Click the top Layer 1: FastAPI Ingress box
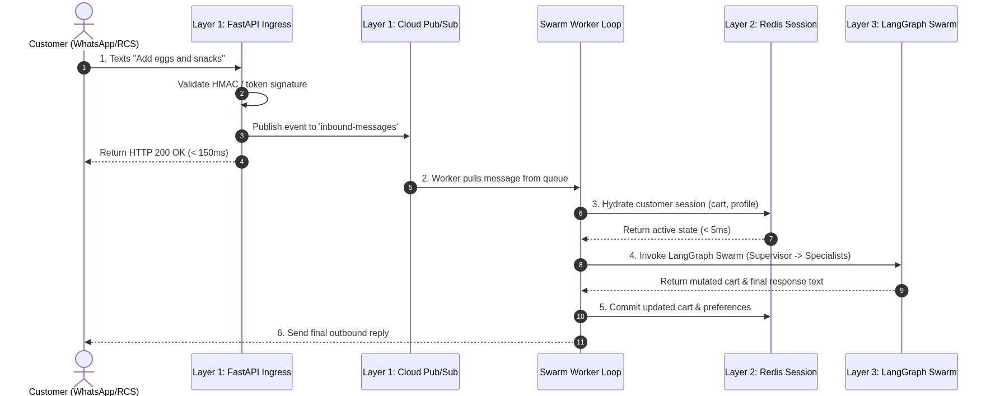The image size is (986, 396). tap(242, 24)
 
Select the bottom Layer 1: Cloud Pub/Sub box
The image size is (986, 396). tap(410, 372)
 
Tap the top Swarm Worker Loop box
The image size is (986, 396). tap(581, 24)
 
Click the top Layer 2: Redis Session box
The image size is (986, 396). tap(771, 24)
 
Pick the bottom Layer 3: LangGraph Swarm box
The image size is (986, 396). tap(901, 372)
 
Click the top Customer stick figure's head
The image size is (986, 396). tap(84, 12)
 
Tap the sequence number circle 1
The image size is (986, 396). tap(84, 68)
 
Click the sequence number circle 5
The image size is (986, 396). tap(410, 188)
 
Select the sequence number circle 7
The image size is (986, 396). tap(771, 239)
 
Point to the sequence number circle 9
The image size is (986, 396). tap(901, 291)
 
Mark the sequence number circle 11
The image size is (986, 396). tap(581, 342)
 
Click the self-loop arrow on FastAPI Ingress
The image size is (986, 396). tap(268, 99)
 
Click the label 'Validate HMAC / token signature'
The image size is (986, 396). tap(242, 85)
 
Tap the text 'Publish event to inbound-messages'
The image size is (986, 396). tap(325, 127)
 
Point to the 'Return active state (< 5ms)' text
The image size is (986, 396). tap(677, 230)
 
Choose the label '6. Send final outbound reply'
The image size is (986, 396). tap(333, 333)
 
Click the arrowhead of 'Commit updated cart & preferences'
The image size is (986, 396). tap(768, 316)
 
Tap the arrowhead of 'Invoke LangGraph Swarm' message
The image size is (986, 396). tap(898, 265)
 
